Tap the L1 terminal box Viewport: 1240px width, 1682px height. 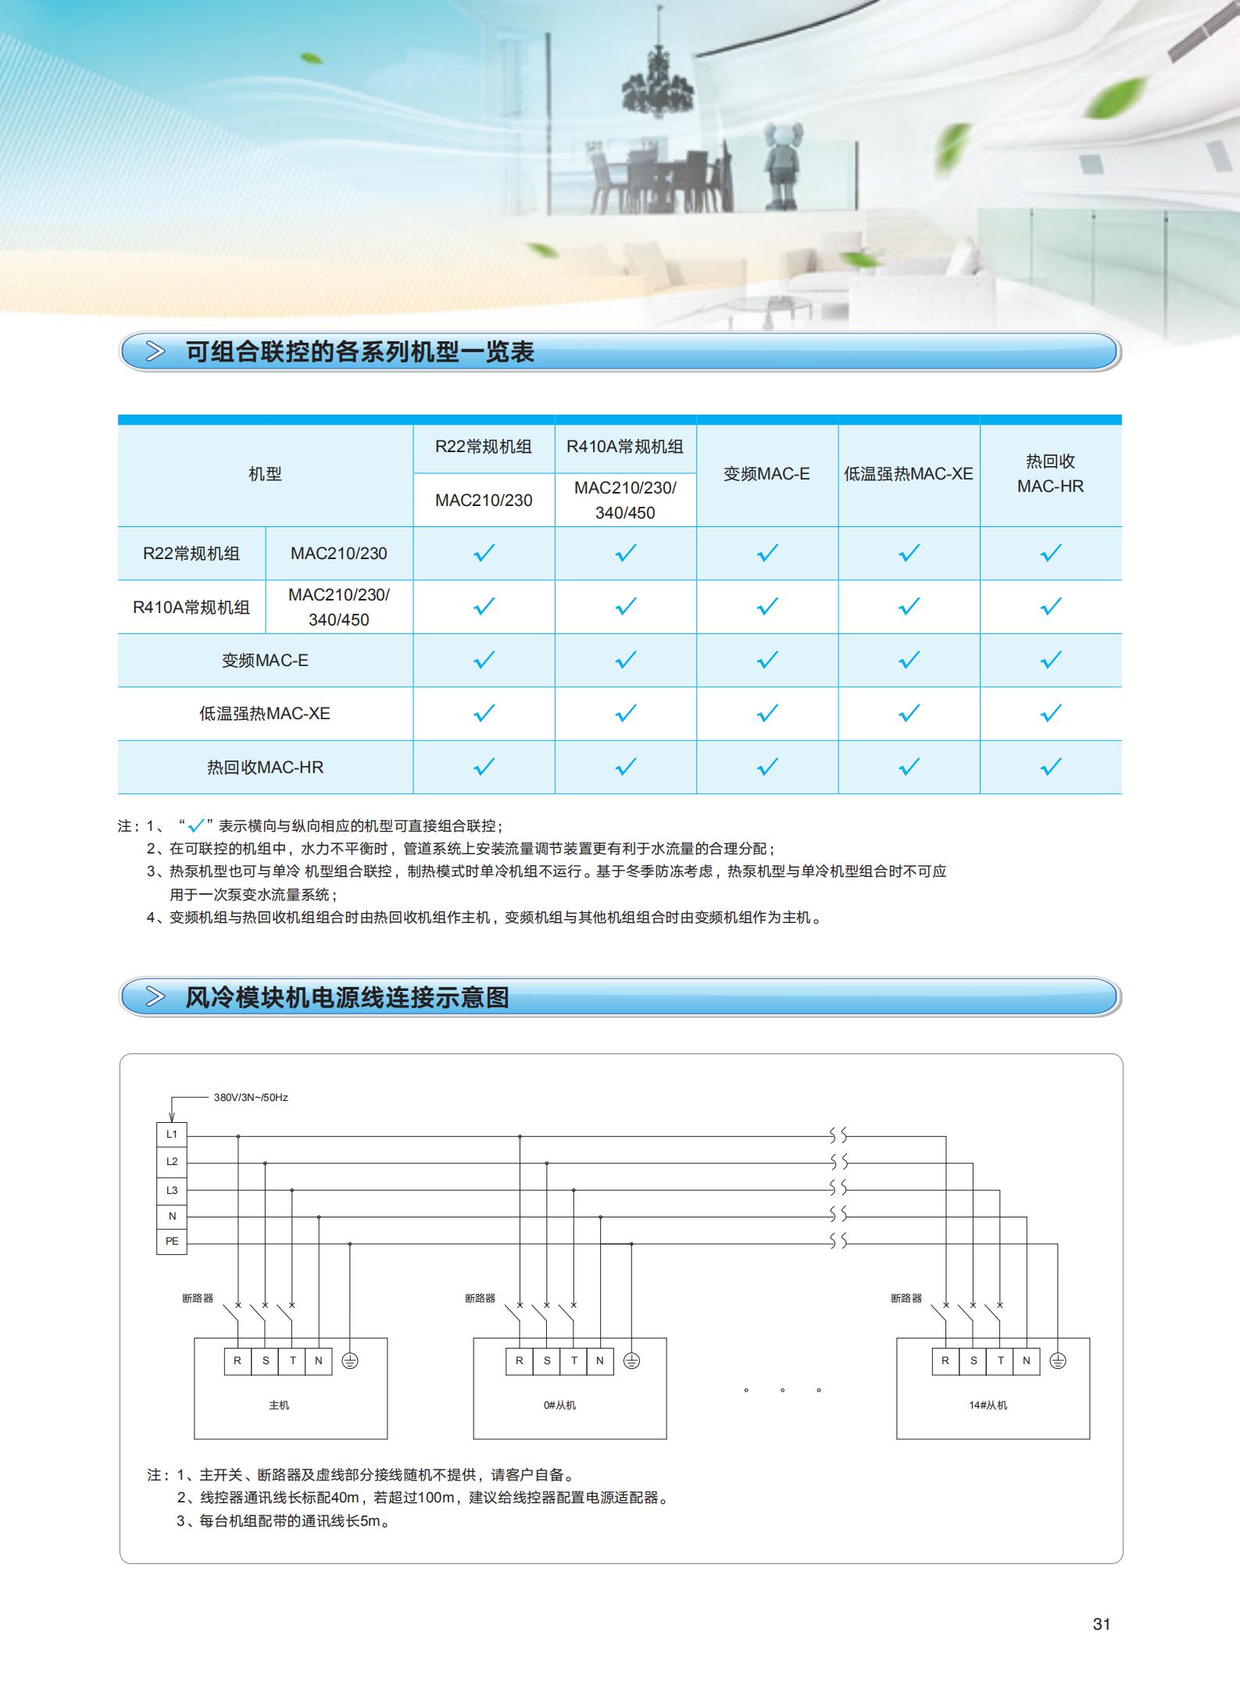point(172,1135)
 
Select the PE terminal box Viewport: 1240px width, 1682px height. point(172,1241)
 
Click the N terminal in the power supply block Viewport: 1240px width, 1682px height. point(172,1216)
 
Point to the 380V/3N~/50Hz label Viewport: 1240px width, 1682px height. point(251,1097)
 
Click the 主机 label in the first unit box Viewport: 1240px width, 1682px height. point(279,1405)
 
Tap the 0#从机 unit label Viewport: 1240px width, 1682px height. point(559,1405)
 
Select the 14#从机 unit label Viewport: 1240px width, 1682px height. point(988,1405)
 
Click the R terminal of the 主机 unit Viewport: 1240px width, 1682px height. point(238,1360)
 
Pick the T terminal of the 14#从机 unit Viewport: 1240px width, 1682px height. point(1000,1360)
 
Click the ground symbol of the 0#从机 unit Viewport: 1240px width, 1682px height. point(631,1361)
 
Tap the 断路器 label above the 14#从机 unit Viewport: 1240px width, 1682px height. point(906,1298)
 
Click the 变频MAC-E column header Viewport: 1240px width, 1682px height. point(767,474)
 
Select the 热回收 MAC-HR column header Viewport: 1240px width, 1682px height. point(1050,474)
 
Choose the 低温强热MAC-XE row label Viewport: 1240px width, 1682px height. point(265,714)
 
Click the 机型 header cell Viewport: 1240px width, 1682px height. point(265,474)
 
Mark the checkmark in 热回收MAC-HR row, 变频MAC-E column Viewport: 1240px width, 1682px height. point(767,767)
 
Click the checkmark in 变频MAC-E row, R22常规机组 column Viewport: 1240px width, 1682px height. point(484,660)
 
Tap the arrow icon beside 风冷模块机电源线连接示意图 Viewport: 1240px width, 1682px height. point(156,997)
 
